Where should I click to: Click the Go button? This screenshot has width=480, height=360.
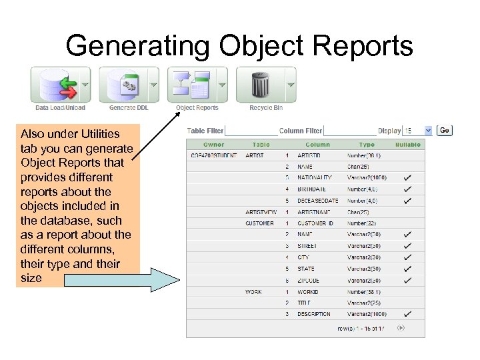pos(445,131)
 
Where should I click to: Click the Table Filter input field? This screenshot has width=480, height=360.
pos(250,131)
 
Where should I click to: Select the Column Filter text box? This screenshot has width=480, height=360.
pos(350,131)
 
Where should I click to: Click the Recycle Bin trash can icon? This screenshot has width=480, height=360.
pos(259,84)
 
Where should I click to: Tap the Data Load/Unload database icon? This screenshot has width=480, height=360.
pos(53,84)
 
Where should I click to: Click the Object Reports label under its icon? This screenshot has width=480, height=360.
pos(197,107)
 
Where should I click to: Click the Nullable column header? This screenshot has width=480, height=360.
pos(407,144)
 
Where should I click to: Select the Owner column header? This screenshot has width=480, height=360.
pos(214,144)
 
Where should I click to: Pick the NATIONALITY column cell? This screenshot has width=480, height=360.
pos(314,178)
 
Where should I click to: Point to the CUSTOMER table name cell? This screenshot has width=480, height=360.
pos(259,223)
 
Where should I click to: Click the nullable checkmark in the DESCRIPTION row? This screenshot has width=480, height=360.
pos(407,314)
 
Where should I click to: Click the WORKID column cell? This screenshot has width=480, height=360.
pos(307,291)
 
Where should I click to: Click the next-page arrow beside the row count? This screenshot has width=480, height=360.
pos(401,327)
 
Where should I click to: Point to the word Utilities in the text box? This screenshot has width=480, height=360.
pos(97,134)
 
